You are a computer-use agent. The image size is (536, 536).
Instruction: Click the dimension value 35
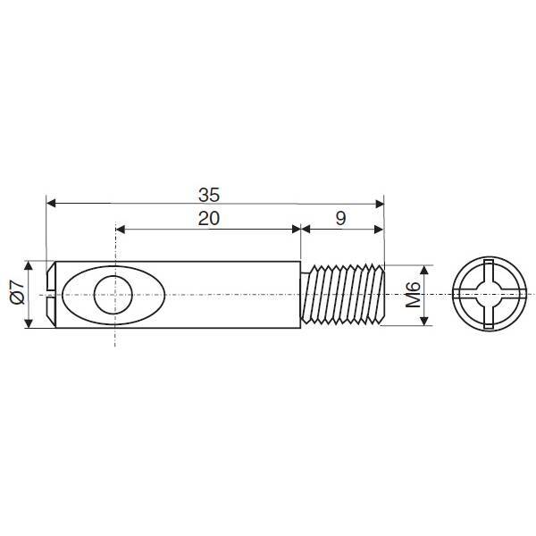tap(209, 195)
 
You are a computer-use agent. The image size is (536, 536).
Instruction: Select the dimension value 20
tap(209, 219)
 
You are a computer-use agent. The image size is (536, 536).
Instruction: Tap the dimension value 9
tap(341, 219)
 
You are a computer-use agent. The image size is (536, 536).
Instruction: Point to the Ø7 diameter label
tap(18, 291)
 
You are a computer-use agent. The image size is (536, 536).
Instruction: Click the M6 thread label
tap(413, 295)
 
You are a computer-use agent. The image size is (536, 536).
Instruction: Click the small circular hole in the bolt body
tap(113, 294)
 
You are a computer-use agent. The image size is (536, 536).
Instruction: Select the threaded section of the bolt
tap(343, 294)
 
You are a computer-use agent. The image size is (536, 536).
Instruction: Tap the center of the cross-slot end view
tap(490, 294)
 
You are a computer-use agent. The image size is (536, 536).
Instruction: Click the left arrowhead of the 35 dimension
tap(51, 204)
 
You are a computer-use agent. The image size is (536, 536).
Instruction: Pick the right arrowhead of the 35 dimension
tap(380, 204)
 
